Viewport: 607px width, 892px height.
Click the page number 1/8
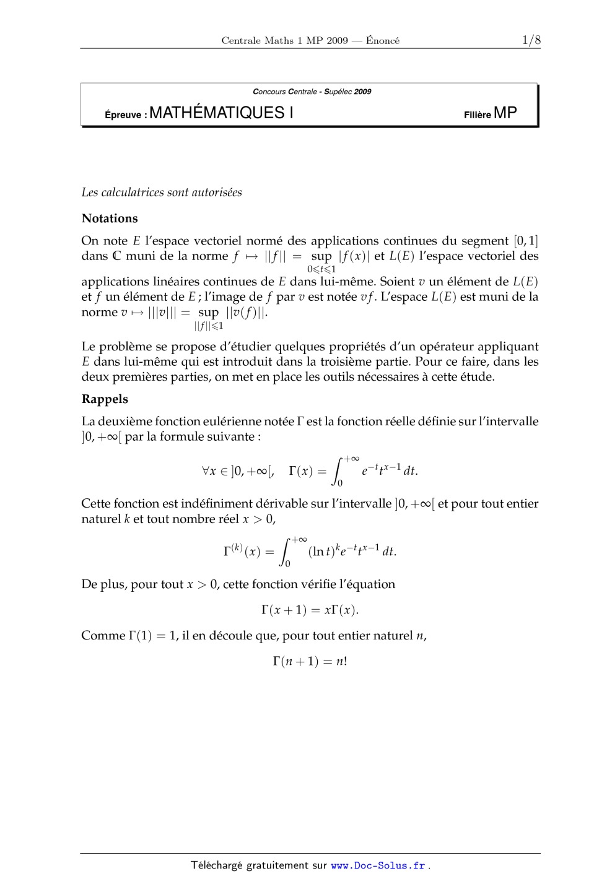click(531, 40)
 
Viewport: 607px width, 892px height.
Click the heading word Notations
click(110, 219)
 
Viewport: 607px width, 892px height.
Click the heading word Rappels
click(105, 399)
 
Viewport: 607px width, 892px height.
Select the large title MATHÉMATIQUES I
click(221, 113)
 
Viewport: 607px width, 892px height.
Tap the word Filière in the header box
click(477, 115)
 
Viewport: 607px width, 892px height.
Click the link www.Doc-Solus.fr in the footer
click(378, 866)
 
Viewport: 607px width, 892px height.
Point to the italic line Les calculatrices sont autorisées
click(162, 193)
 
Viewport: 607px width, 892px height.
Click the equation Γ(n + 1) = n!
click(310, 661)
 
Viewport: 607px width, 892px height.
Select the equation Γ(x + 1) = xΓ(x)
click(310, 610)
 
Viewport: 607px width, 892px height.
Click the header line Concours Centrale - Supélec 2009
click(312, 92)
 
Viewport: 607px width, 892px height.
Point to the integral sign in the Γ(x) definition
click(338, 471)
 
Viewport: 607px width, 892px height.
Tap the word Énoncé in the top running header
click(382, 41)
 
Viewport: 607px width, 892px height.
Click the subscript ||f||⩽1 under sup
click(209, 326)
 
